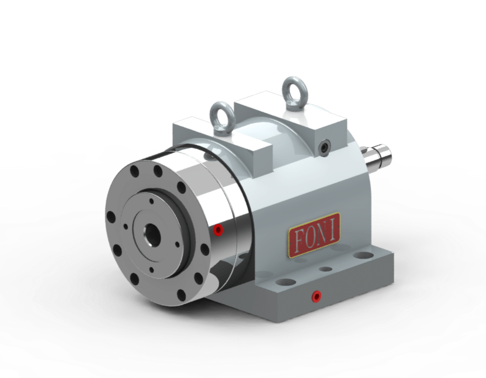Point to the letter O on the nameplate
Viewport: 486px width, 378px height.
(x=309, y=234)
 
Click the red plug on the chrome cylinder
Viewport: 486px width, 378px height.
(x=218, y=231)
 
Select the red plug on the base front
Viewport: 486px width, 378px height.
(x=315, y=295)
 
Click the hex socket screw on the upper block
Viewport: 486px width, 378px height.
(x=323, y=146)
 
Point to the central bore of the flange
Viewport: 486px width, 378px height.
(x=152, y=233)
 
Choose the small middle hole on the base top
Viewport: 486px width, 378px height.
(x=326, y=268)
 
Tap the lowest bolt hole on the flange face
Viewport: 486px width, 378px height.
(x=181, y=294)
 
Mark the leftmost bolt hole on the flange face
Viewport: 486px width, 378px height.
(x=111, y=218)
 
